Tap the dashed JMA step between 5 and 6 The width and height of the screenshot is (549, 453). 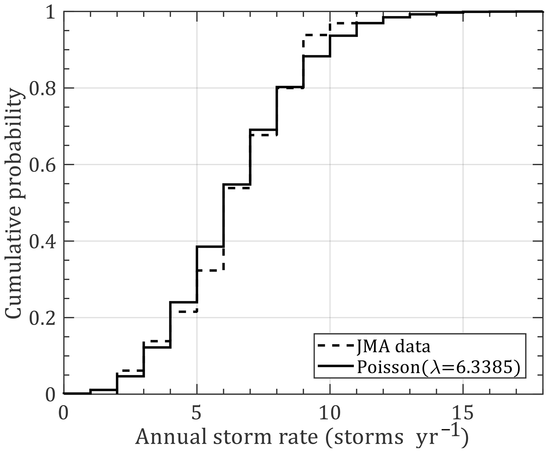pyautogui.click(x=210, y=270)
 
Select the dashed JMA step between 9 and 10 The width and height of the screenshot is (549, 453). pyautogui.click(x=316, y=35)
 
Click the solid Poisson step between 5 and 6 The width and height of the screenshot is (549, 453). pyautogui.click(x=210, y=247)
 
